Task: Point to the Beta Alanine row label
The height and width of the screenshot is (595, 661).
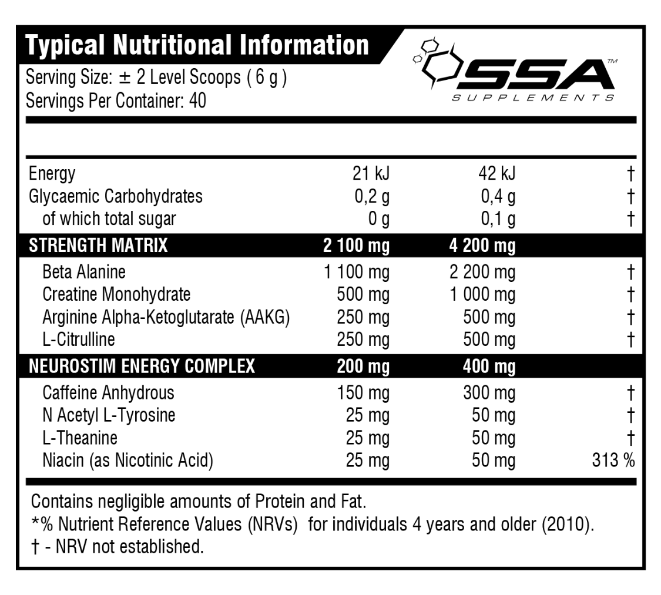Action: [x=84, y=272]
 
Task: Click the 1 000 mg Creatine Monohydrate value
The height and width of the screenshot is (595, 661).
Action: [x=482, y=294]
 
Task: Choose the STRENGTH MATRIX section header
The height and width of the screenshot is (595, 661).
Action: [x=98, y=245]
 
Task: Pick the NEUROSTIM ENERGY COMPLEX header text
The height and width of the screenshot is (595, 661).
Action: [x=142, y=367]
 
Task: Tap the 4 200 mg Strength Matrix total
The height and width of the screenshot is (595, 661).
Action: [x=482, y=245]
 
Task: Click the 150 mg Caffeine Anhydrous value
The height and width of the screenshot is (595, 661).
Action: [x=363, y=393]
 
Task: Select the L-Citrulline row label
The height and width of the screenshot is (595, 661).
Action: [x=79, y=339]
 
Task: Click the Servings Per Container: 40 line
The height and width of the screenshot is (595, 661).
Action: [x=116, y=102]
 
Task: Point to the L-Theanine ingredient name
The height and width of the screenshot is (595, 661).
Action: [x=80, y=438]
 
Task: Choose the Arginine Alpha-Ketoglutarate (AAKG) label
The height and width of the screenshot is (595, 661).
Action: [x=166, y=317]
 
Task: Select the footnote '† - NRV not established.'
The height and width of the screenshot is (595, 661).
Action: [x=118, y=547]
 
